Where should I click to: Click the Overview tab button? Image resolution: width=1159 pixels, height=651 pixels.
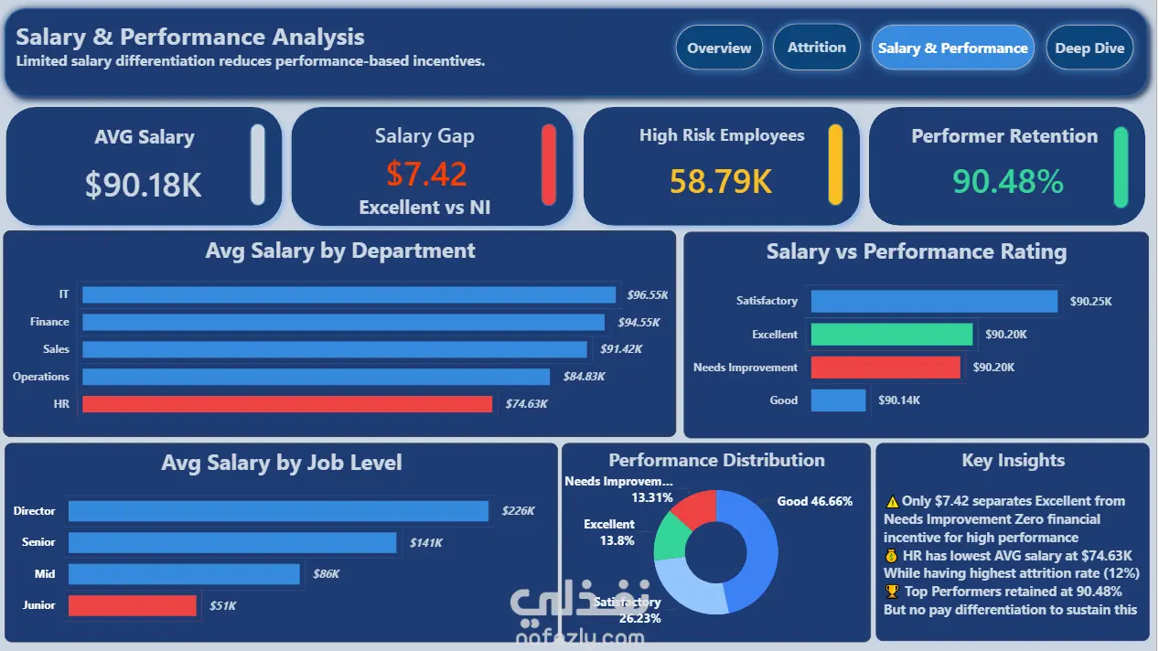[719, 48]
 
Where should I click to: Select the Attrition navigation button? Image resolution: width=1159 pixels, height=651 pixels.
[817, 47]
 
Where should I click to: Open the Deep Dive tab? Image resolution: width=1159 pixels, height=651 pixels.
[1089, 48]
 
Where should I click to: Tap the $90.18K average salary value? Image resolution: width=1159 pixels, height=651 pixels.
[143, 185]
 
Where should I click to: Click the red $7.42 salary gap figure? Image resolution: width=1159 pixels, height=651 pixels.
[426, 174]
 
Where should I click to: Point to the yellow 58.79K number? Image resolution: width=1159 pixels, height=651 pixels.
[720, 182]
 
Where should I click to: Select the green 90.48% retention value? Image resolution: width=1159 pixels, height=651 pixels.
[1008, 182]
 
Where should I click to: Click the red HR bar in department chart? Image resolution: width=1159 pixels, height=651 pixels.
[287, 404]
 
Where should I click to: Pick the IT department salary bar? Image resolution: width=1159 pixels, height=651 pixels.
[349, 294]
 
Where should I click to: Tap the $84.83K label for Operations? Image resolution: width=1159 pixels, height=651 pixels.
[585, 377]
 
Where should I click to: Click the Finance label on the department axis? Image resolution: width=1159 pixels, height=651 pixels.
[49, 322]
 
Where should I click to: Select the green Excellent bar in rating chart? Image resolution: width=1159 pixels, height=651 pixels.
[892, 334]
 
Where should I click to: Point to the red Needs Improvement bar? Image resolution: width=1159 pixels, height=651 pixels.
[885, 368]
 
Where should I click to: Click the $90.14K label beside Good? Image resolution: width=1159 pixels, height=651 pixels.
[899, 400]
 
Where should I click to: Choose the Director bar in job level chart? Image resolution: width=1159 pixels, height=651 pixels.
[278, 511]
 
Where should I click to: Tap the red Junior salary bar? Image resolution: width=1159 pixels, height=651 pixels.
[133, 605]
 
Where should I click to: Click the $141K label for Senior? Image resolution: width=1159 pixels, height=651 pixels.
[426, 542]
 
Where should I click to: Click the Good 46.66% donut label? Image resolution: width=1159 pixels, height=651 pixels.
[814, 501]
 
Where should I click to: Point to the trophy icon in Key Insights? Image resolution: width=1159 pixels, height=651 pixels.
[892, 591]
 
